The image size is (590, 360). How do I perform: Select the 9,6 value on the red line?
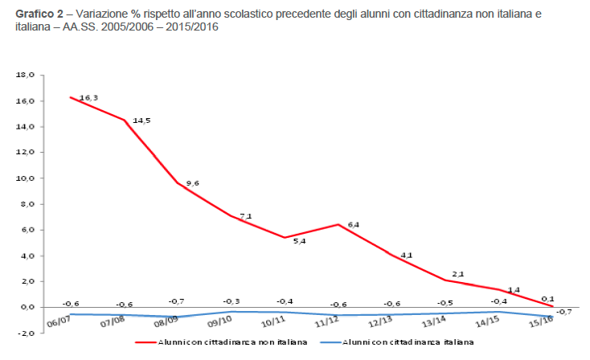pos(191,184)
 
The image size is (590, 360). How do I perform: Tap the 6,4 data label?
pos(352,224)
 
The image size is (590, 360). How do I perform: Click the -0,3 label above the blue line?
pos(232,301)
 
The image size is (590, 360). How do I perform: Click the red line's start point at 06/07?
pos(71,97)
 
